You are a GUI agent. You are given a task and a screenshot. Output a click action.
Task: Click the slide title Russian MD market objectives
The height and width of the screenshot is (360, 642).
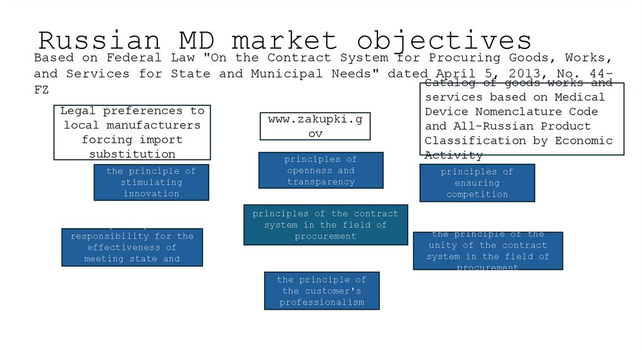click(285, 40)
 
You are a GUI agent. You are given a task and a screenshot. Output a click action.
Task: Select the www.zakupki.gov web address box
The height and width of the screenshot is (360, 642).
click(315, 126)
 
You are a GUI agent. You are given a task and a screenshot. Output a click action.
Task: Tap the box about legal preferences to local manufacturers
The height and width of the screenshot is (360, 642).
click(132, 132)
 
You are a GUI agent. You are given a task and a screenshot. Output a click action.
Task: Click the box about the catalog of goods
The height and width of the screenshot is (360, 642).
click(522, 119)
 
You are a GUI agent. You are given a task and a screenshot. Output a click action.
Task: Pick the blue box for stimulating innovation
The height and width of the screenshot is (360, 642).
click(151, 183)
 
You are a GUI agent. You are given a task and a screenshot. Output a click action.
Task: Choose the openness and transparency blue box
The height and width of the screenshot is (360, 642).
click(320, 170)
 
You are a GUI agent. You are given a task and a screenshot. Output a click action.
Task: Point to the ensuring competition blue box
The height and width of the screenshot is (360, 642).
click(477, 183)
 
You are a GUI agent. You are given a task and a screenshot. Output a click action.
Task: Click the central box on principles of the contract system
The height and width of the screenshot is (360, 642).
click(325, 225)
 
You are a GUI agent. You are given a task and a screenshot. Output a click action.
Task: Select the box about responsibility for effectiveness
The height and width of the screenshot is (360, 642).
click(132, 247)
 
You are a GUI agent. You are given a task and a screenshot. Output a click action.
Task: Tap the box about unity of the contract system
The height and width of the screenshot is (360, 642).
click(488, 251)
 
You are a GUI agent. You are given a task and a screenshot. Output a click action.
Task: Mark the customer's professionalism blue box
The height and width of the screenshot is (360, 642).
click(322, 290)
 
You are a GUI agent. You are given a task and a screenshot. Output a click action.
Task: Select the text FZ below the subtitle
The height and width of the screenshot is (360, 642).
click(41, 90)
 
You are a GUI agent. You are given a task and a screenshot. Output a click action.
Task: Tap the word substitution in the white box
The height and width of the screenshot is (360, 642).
click(132, 154)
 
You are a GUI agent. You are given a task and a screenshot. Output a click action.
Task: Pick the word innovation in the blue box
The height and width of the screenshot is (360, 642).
click(151, 194)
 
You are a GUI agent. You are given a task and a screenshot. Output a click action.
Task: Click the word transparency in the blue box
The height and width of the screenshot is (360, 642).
click(321, 182)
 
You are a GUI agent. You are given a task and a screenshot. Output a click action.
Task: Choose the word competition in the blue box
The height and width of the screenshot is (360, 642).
click(477, 194)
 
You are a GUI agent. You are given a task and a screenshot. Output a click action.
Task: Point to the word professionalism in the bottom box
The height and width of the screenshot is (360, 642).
click(322, 302)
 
